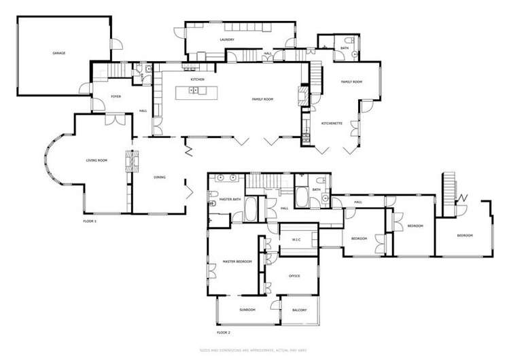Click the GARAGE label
click(59, 52)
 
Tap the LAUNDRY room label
click(227, 40)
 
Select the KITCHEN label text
click(197, 79)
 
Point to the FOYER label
click(116, 96)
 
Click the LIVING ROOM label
click(97, 160)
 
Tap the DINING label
click(160, 177)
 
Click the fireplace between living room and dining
click(128, 161)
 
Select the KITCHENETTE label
click(331, 123)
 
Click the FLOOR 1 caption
click(90, 221)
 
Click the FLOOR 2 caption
click(224, 333)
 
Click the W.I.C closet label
click(296, 240)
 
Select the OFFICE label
click(294, 276)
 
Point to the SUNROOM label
click(247, 310)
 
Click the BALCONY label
click(300, 310)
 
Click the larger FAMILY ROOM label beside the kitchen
click(262, 99)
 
